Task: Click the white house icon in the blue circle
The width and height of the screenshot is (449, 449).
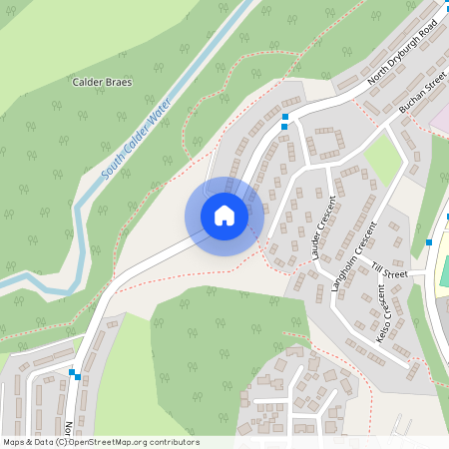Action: (224, 216)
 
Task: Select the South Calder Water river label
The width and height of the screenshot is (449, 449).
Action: (136, 141)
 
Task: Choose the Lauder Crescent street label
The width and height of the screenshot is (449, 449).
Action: (324, 229)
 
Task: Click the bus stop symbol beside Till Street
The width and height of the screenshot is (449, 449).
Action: (429, 241)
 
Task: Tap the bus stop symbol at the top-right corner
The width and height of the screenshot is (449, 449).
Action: (440, 19)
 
